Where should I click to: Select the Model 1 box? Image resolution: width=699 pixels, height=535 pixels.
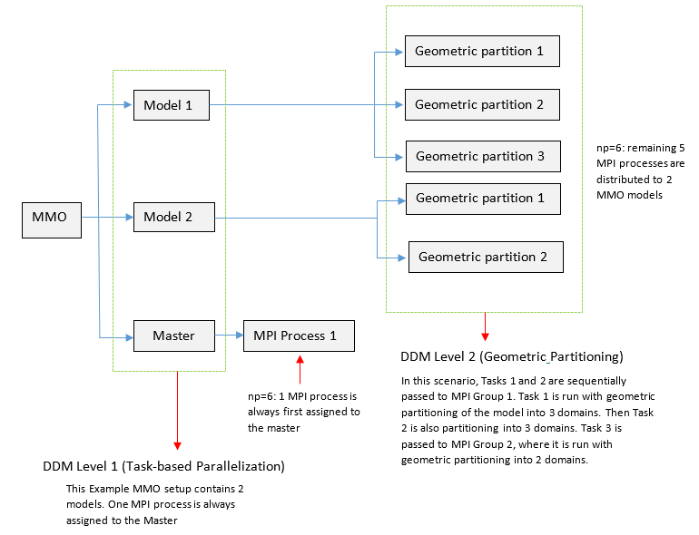pyautogui.click(x=172, y=105)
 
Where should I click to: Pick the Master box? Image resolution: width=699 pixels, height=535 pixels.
pyautogui.click(x=173, y=336)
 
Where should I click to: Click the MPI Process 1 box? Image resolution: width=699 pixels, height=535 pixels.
pyautogui.click(x=299, y=336)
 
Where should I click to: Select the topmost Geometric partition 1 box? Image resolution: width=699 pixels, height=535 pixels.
pyautogui.click(x=481, y=52)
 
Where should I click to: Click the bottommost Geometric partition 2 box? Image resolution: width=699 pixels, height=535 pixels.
pyautogui.click(x=486, y=257)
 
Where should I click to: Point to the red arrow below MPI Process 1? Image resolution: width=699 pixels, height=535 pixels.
pyautogui.click(x=300, y=370)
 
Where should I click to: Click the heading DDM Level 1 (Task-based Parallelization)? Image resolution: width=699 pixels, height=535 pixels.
pyautogui.click(x=163, y=467)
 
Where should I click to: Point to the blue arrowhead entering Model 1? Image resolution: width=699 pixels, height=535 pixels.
pyautogui.click(x=128, y=105)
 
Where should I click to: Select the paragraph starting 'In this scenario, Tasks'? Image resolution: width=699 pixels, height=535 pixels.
pyautogui.click(x=514, y=420)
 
